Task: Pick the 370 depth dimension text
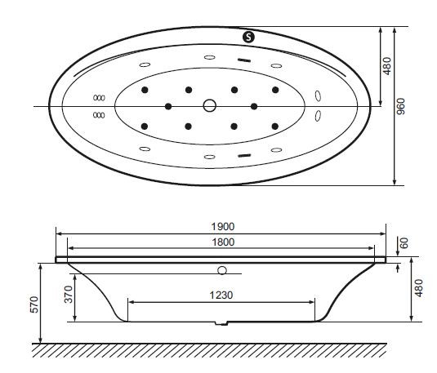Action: (x=69, y=295)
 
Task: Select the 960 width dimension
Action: (x=401, y=107)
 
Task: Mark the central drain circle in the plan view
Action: (x=210, y=106)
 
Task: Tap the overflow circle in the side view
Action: (x=222, y=269)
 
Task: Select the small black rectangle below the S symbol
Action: (x=243, y=60)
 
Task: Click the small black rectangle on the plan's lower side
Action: (x=243, y=153)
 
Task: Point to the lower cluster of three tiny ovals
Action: (x=100, y=115)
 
